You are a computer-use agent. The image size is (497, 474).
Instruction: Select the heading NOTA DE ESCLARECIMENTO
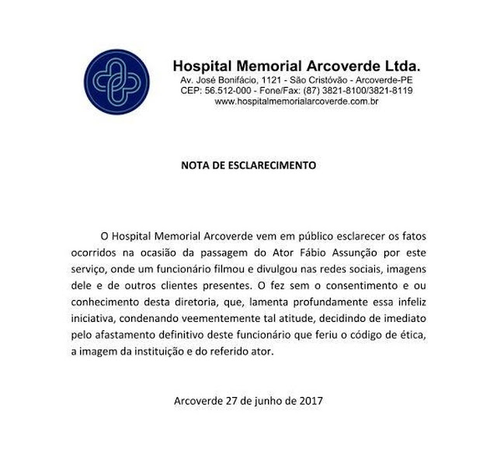pyautogui.click(x=248, y=166)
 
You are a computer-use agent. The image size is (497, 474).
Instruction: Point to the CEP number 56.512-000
pyautogui.click(x=236, y=91)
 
